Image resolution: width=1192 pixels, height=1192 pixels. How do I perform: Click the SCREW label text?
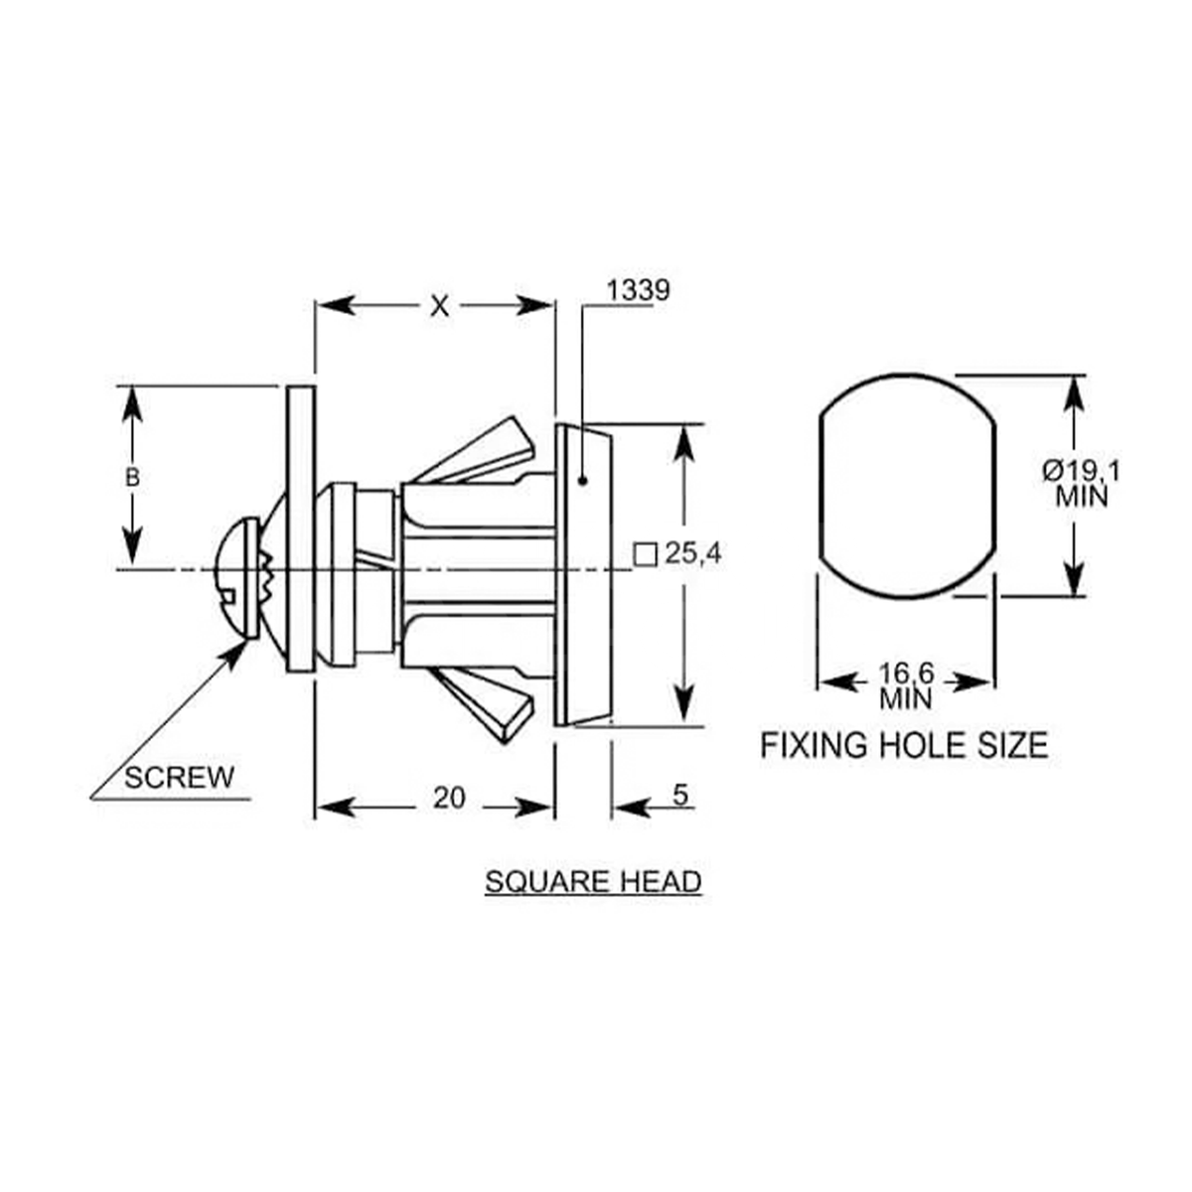point(179,777)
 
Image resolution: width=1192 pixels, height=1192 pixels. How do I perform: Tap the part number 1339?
point(638,290)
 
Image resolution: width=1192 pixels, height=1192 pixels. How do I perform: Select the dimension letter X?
point(438,306)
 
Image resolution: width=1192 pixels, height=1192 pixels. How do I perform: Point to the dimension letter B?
point(132,478)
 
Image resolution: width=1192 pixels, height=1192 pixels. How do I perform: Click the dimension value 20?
point(449,798)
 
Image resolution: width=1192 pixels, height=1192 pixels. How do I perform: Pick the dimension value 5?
point(680,796)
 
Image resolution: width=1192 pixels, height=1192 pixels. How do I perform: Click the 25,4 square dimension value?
point(692,554)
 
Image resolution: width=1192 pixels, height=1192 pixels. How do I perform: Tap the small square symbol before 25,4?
point(646,554)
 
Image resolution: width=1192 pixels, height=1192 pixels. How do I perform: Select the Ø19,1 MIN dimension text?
point(1081,482)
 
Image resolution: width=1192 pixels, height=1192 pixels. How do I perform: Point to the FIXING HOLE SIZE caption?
point(904,745)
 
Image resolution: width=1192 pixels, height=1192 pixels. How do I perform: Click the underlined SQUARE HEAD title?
point(593,881)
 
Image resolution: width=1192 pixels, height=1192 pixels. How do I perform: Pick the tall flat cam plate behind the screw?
point(301,528)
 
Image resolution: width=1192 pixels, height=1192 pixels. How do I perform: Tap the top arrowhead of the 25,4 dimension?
point(683,442)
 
